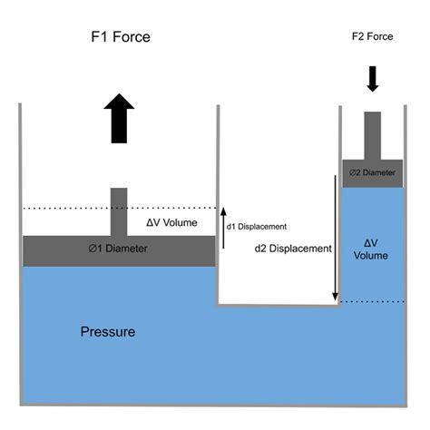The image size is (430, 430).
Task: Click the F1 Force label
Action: (x=121, y=37)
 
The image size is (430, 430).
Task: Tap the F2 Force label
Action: (x=373, y=36)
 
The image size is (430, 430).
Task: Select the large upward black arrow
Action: (x=119, y=118)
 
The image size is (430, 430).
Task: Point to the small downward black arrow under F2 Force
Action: (x=373, y=79)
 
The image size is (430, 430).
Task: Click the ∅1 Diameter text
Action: (x=118, y=249)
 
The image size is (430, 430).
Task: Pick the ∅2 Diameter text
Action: (x=372, y=172)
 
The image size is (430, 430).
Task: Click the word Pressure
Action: (x=108, y=332)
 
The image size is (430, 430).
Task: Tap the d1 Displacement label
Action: (x=257, y=227)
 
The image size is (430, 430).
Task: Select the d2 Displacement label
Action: (x=293, y=249)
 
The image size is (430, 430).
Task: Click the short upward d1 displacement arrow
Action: (x=223, y=228)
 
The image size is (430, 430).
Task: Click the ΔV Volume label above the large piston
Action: (x=171, y=223)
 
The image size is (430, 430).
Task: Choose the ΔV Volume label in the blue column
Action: (x=371, y=249)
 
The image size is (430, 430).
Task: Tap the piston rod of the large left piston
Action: (x=119, y=212)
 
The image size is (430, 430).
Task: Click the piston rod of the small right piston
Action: (x=373, y=136)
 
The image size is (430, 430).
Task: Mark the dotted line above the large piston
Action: (x=120, y=209)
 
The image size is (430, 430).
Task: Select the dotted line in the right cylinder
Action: (x=373, y=302)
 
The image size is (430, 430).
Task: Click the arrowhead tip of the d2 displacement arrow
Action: (x=335, y=301)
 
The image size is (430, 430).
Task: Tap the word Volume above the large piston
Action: (x=181, y=223)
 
